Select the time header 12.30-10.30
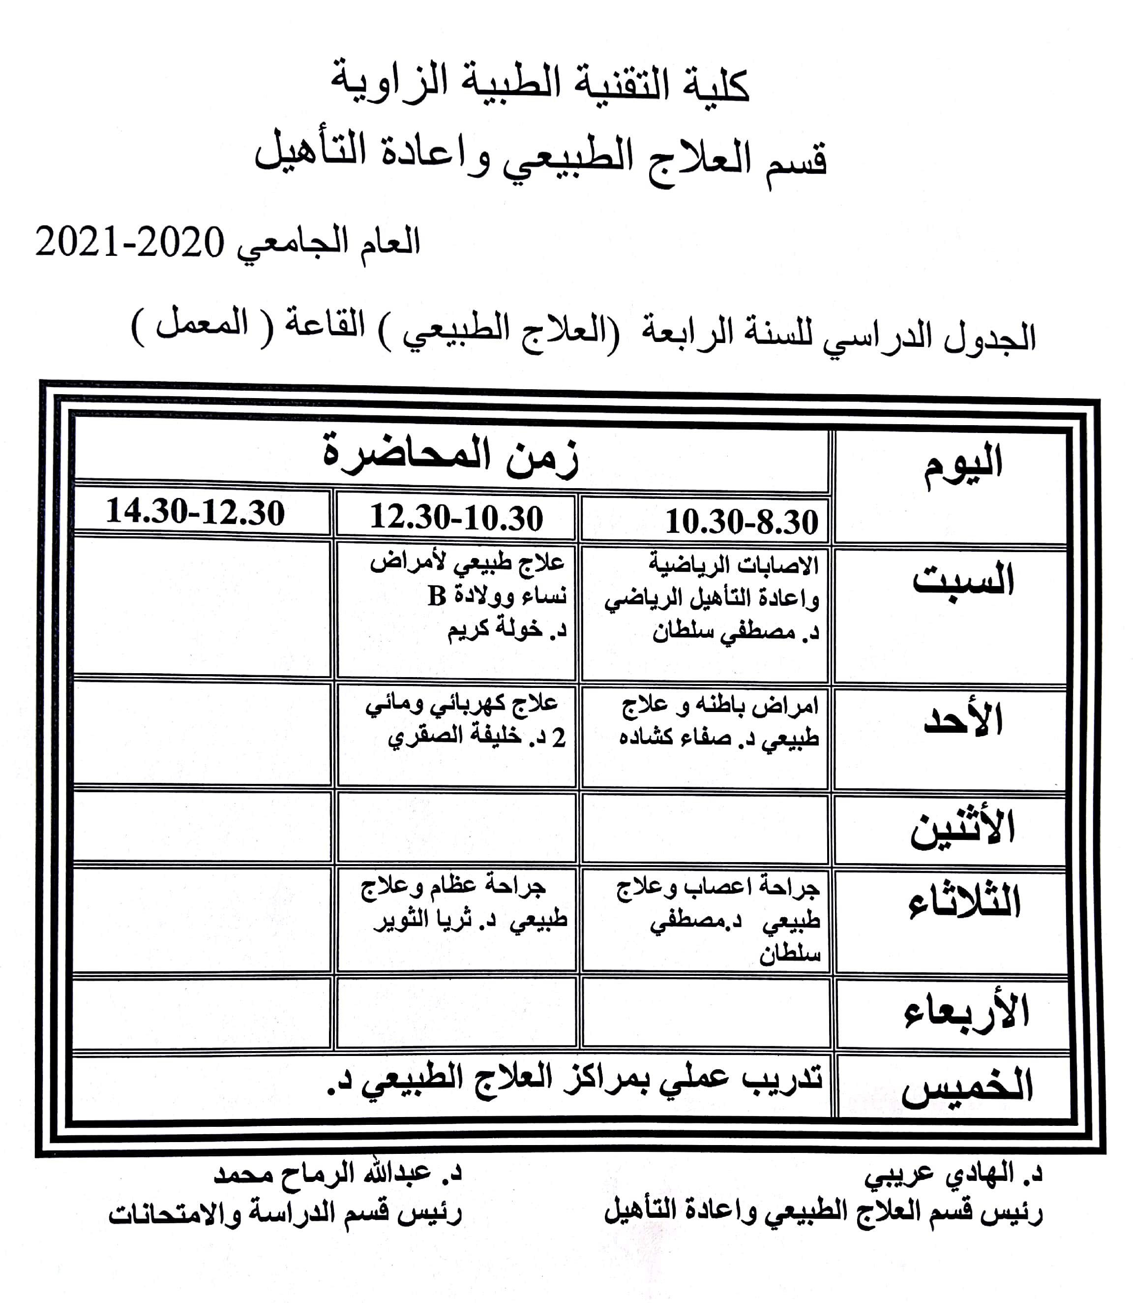(x=456, y=517)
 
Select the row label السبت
(x=962, y=579)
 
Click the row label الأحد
(x=963, y=720)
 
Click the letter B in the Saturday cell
(x=437, y=596)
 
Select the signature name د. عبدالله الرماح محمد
(x=338, y=1174)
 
